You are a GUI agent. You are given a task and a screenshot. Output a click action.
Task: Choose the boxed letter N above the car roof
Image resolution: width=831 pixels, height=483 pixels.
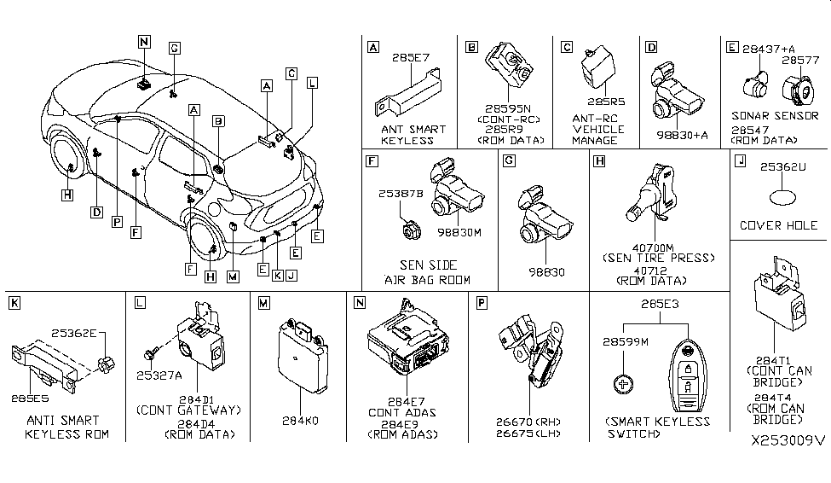(x=142, y=40)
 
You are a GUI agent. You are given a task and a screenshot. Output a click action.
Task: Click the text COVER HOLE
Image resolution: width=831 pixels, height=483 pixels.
(x=779, y=225)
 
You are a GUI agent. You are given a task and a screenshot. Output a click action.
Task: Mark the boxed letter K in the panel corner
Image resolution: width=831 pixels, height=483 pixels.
(x=14, y=303)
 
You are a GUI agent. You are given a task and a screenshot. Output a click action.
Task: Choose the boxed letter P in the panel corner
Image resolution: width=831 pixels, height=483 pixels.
(x=482, y=303)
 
